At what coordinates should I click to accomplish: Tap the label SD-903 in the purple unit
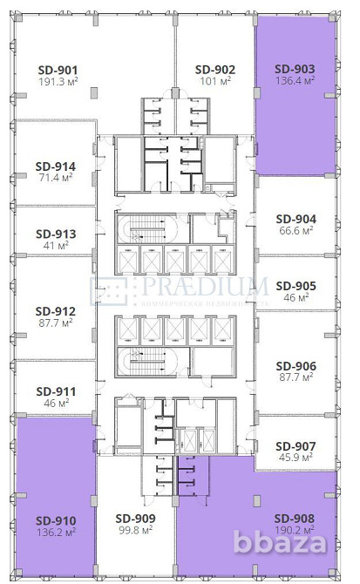coord(295,69)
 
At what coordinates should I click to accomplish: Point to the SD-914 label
coord(55,166)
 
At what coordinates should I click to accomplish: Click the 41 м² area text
coord(55,246)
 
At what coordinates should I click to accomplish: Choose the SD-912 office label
coord(55,310)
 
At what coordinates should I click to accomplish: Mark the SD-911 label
coord(55,392)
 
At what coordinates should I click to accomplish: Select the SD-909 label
coord(136,517)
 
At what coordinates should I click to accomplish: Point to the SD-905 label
coord(295,285)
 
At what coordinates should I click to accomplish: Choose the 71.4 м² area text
coord(55,179)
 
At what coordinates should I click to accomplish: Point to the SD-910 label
coord(55,517)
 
